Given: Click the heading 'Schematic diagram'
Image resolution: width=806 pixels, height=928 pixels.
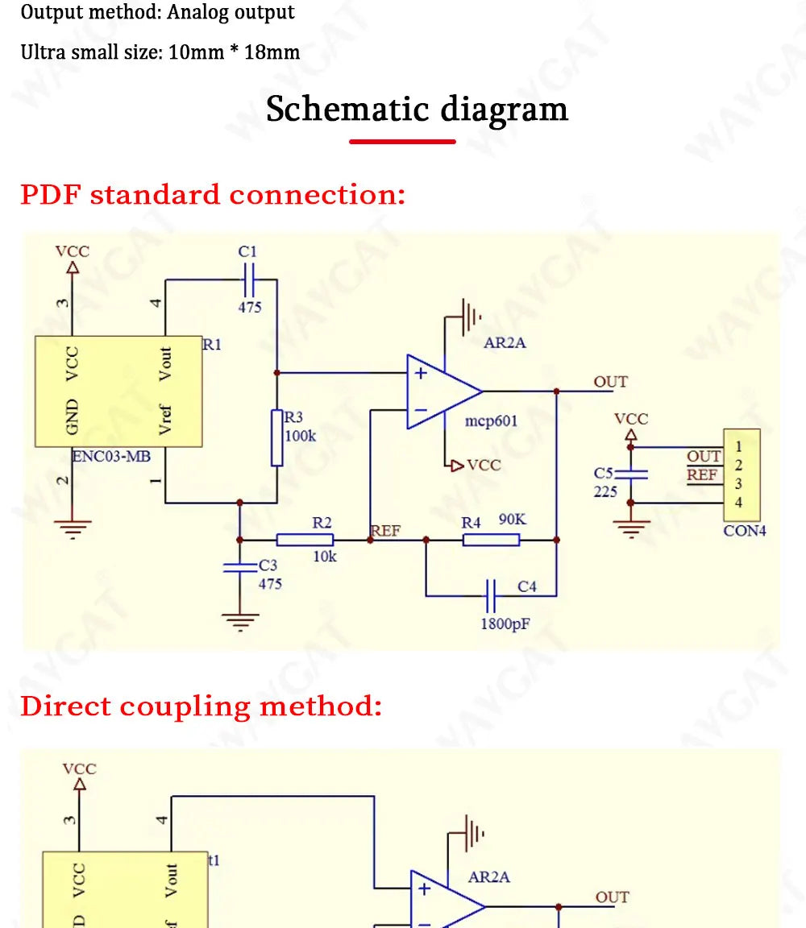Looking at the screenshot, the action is pos(417,110).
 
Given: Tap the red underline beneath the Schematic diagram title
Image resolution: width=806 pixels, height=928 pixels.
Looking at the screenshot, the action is pos(402,142).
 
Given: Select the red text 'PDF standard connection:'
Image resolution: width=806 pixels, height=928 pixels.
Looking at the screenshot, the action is pos(214,195).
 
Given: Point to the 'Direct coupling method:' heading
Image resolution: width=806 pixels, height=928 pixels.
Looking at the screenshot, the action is pos(201,706).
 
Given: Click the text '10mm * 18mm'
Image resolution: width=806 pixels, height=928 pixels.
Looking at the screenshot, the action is pos(234,52).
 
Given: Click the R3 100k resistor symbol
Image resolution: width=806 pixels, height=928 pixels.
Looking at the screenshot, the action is pos(276,437).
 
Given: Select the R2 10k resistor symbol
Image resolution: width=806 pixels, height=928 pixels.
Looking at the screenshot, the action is pos(305,540).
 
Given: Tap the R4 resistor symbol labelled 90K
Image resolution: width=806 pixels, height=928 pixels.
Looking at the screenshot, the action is pos(491,540).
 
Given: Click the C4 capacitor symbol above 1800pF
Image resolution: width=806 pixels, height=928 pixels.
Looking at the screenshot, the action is pos(490,595).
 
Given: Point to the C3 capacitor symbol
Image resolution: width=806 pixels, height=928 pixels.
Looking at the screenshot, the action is pos(240,568).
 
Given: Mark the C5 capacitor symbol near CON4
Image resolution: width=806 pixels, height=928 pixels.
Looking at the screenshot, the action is pos(631,474).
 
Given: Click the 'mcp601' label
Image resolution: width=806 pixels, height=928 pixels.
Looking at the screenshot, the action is pos(491,420).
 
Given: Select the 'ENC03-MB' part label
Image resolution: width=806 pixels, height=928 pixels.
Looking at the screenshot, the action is pos(111,456).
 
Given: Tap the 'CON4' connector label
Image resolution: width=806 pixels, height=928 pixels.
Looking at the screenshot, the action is pos(745,531).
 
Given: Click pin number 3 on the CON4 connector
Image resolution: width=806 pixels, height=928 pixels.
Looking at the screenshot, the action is pos(738,484).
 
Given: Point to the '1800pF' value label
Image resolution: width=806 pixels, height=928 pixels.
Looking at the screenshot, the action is pos(505,624).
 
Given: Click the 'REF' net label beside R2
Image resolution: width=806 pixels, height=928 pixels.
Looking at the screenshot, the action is pos(385,531).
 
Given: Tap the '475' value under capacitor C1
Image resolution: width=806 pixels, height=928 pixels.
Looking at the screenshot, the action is pos(250,307).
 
